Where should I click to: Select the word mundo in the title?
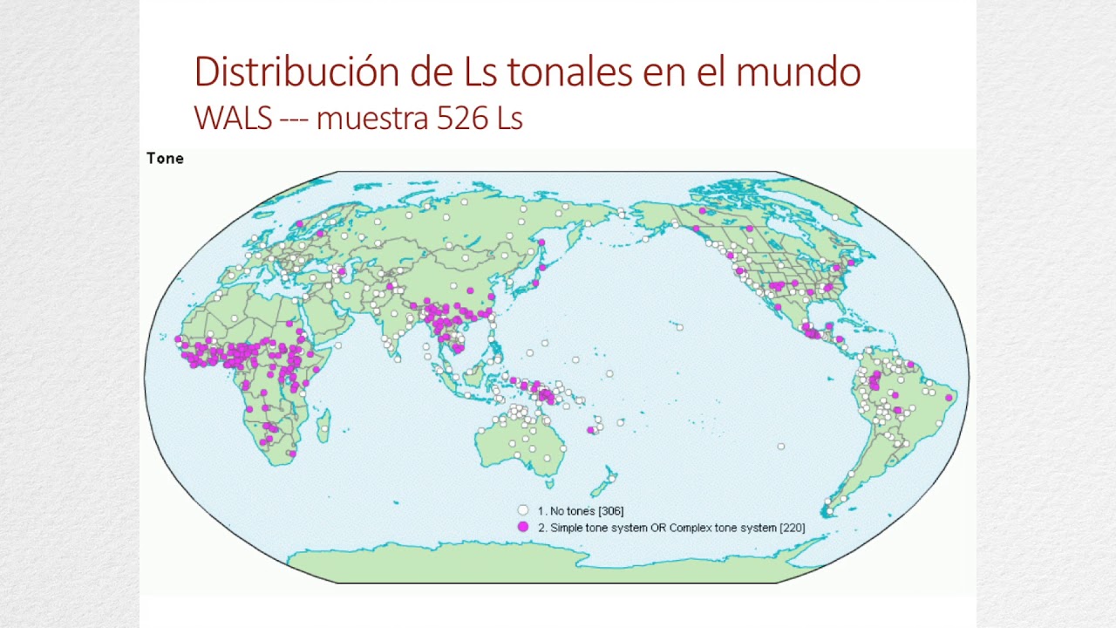(798, 72)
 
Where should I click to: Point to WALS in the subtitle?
(233, 118)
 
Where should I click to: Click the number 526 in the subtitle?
(462, 118)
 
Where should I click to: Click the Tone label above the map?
(165, 158)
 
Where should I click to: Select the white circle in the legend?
(523, 510)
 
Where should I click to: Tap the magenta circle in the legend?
(523, 527)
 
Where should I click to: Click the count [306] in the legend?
(611, 511)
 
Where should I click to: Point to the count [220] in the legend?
(792, 528)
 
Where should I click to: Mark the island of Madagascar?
(323, 427)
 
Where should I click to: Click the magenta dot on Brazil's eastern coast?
(949, 398)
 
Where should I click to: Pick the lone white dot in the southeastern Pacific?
(780, 447)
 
